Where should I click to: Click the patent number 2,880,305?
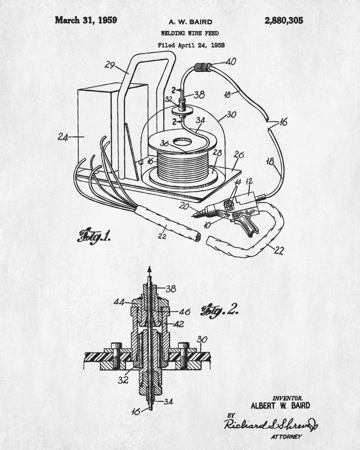pos(283,21)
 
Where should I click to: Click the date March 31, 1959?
pos(86,20)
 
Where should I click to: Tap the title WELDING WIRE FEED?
pos(190,33)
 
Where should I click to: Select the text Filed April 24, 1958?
pos(191,45)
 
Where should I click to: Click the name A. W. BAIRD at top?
pos(190,22)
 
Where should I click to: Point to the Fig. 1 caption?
pos(94,237)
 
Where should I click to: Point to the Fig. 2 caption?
pos(220,312)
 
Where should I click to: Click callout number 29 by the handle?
pos(110,65)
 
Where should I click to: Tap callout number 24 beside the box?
pos(63,137)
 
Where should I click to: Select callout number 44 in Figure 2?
pos(119,302)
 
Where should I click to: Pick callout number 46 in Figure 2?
pos(185,311)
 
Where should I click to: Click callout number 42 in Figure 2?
pos(179,324)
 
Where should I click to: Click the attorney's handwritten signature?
pos(271,423)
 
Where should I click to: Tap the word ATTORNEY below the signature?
pos(286,437)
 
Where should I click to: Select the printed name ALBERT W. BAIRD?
pos(280,405)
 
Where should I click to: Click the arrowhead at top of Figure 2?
pos(149,269)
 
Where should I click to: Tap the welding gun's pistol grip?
pos(248,226)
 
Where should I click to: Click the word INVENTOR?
pos(288,398)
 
